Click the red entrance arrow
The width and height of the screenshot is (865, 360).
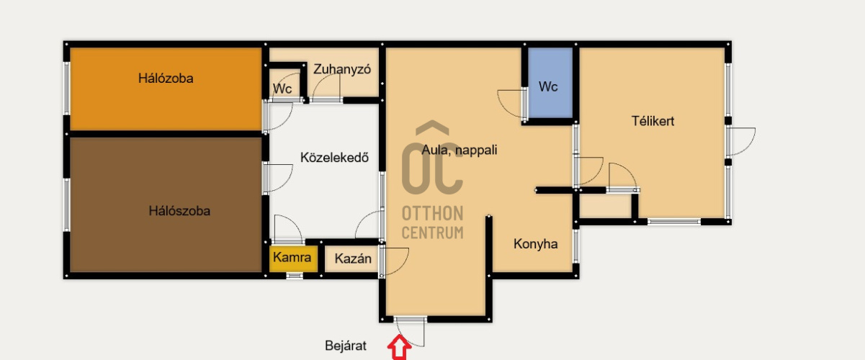coord(399,347)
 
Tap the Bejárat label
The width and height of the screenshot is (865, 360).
coord(346,346)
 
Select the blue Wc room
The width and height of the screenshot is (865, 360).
coord(550,83)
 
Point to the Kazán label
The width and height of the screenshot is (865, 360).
coord(353,258)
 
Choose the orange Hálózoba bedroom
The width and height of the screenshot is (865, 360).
coord(166,89)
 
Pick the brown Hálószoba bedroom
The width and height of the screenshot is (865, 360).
coord(166,205)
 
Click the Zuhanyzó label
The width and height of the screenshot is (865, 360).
coord(342,69)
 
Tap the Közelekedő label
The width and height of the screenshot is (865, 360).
coord(334,158)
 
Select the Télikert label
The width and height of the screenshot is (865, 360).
coord(653,121)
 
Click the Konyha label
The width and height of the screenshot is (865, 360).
coord(536,244)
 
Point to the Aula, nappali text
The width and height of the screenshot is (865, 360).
coord(459,150)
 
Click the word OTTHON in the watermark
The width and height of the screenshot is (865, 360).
coord(432,213)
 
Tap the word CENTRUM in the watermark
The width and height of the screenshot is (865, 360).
coord(432,233)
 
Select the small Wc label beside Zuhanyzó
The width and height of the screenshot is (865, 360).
coord(282,89)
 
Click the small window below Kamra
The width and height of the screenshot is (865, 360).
coord(295,276)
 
